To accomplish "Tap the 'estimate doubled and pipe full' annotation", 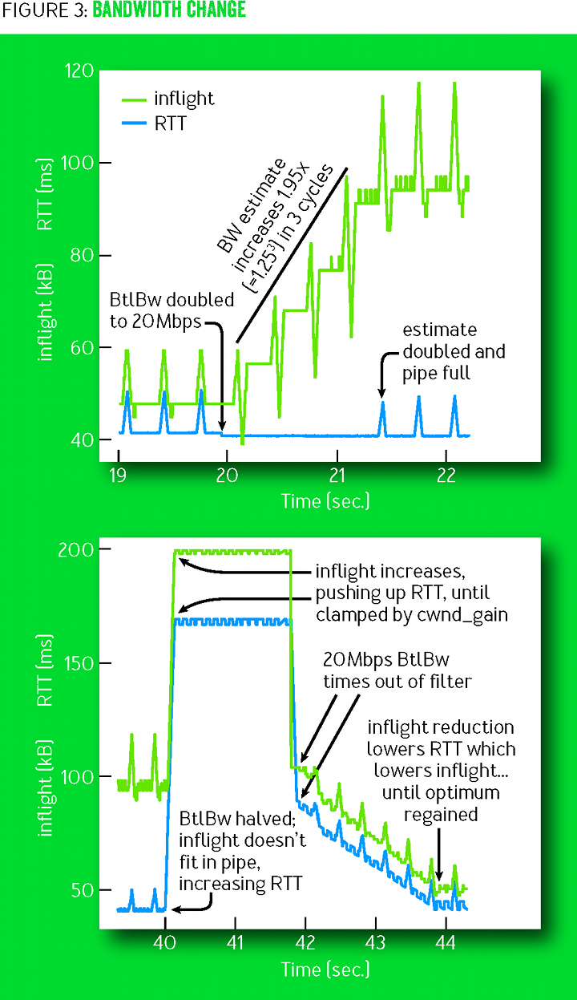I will coord(454,352).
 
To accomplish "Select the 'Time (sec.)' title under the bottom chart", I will coord(325,970).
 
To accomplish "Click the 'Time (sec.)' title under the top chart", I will coord(325,501).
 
